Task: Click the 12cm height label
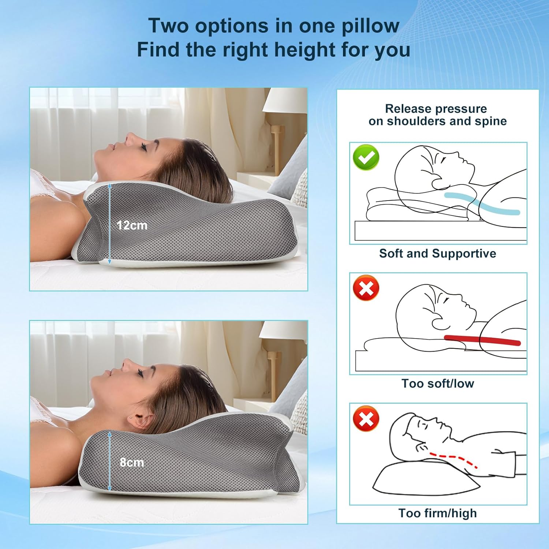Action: [132, 225]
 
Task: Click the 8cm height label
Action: [132, 463]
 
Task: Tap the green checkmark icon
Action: [366, 157]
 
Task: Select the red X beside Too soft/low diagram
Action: [366, 288]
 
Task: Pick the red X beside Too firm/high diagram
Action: [366, 418]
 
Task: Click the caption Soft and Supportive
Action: [437, 253]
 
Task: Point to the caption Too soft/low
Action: [437, 383]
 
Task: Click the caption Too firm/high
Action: [437, 513]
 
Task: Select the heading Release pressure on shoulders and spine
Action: [437, 115]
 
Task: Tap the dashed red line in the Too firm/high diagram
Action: [454, 457]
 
